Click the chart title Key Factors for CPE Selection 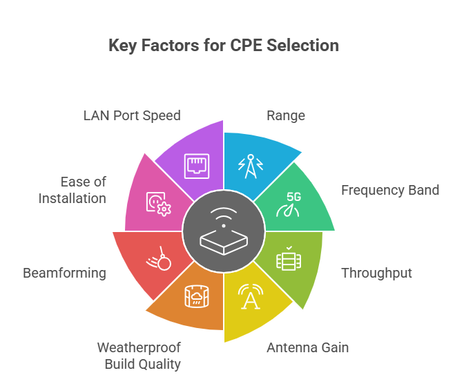224,46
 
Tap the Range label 285,115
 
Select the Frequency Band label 389,190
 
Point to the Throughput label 376,273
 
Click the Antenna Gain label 307,347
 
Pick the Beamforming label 64,273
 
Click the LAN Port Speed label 131,115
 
